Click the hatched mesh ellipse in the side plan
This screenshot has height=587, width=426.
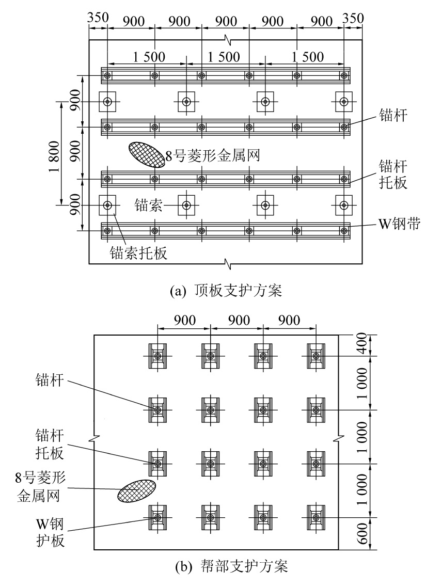(x=137, y=490)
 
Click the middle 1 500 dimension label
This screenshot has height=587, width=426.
(x=225, y=57)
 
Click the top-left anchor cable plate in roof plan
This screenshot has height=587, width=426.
(x=107, y=101)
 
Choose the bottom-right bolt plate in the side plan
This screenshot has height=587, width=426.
(x=316, y=517)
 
